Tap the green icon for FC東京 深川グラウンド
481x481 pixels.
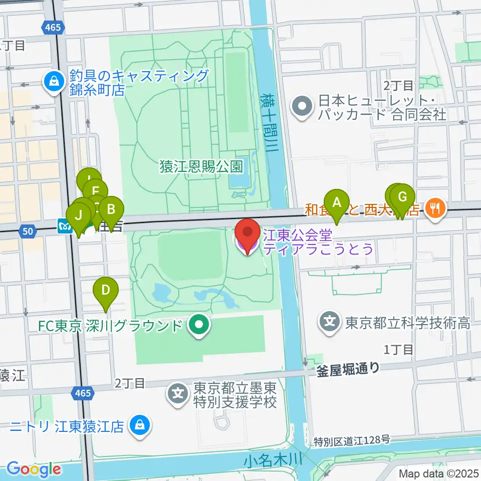click(199, 326)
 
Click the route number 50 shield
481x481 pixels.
click(28, 230)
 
